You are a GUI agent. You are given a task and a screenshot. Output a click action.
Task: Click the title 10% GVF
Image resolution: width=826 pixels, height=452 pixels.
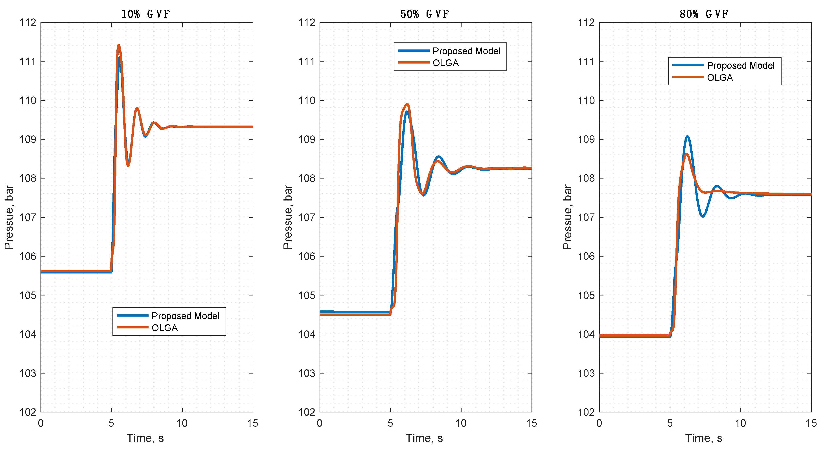[145, 14]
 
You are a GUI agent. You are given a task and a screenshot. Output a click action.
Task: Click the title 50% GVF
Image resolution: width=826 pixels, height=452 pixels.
[425, 14]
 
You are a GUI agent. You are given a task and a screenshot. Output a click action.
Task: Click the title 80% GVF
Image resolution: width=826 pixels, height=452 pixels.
[704, 14]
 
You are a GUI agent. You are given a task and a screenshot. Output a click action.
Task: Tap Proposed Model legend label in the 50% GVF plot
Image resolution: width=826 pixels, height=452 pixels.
[466, 51]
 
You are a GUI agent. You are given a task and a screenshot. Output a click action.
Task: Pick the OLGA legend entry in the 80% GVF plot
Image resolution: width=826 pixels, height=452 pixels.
[720, 78]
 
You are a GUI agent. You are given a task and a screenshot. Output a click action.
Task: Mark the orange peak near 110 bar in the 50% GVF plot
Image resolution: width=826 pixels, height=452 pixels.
[408, 104]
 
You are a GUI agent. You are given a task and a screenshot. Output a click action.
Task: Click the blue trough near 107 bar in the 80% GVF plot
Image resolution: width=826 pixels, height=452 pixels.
[703, 217]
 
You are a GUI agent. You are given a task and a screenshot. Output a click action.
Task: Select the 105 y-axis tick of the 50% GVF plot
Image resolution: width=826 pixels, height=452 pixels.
[307, 295]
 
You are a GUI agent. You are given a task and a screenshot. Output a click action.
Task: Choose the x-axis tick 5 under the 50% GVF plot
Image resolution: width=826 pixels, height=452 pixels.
[390, 423]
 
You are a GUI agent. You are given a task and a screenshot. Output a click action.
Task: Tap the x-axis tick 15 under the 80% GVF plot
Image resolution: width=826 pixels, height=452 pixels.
[811, 423]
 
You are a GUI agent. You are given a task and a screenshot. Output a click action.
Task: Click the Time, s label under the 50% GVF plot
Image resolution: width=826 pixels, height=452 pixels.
[424, 438]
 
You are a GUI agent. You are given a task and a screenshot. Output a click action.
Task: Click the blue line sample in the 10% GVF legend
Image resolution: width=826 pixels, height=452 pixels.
[132, 315]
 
